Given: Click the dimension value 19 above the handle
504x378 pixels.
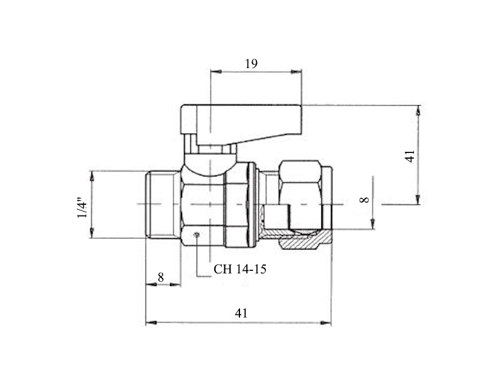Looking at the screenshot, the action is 251,64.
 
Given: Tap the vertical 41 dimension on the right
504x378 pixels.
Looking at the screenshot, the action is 410,156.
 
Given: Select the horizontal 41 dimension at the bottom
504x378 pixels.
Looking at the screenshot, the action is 241,312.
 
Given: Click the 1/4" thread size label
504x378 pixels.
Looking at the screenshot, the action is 82,207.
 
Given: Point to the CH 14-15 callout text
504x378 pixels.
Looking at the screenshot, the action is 240,269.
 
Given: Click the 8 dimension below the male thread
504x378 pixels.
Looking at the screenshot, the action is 161,277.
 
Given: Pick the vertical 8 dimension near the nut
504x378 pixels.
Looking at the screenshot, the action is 364,200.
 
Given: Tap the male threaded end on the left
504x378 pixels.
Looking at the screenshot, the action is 163,204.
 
